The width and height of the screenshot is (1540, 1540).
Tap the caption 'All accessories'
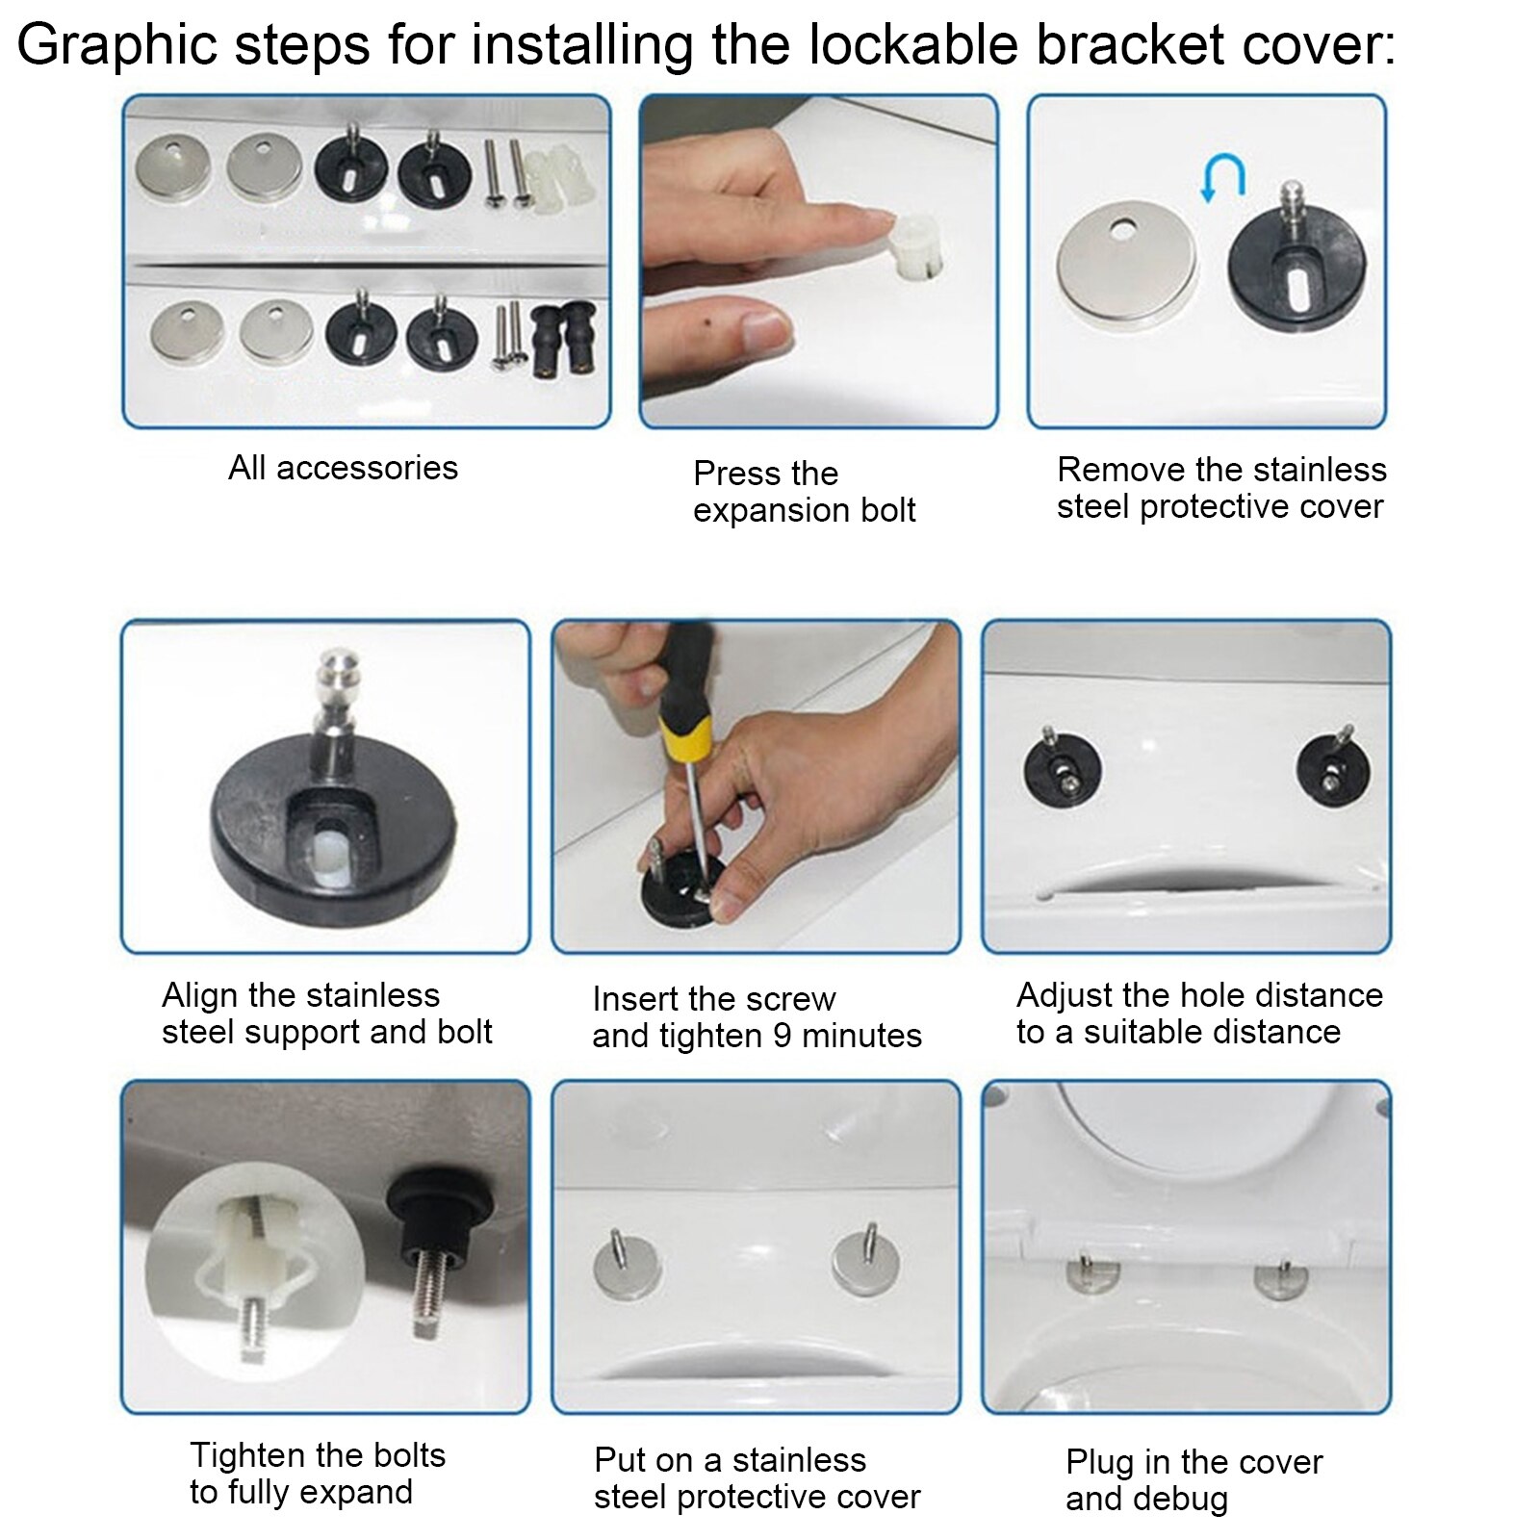pyautogui.click(x=343, y=468)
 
